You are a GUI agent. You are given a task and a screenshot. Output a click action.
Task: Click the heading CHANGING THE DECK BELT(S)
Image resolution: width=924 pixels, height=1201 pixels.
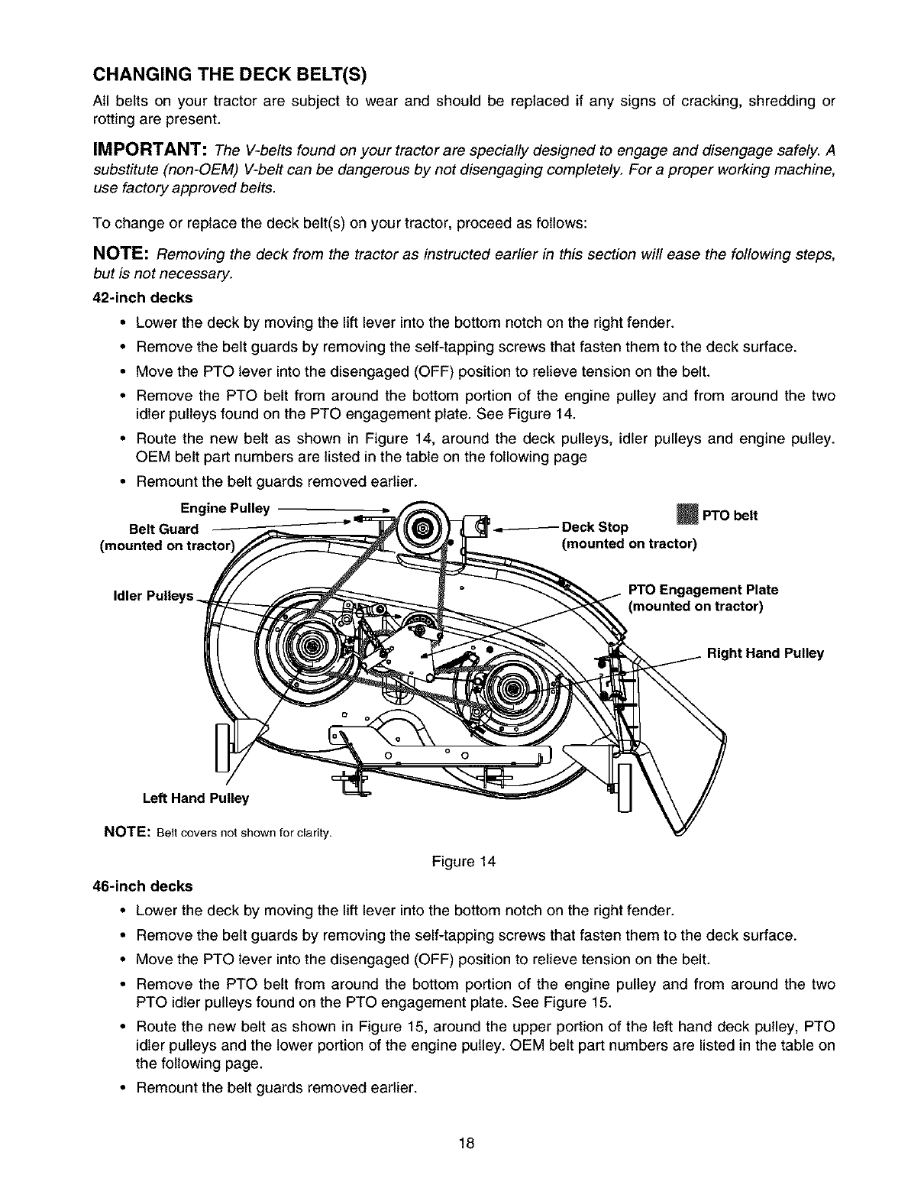(x=229, y=75)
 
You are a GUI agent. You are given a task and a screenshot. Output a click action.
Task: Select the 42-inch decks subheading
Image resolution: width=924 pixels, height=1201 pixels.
(x=142, y=297)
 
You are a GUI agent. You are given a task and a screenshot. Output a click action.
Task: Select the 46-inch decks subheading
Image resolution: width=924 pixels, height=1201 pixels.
(x=142, y=885)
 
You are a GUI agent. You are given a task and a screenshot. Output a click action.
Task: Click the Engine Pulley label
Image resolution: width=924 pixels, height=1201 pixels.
(x=225, y=508)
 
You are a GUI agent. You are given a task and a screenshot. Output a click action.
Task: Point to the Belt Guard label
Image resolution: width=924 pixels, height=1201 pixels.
(x=163, y=529)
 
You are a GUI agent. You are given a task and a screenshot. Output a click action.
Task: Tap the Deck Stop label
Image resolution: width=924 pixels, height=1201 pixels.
(x=595, y=527)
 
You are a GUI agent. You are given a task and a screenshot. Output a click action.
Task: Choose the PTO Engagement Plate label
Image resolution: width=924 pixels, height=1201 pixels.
(x=703, y=590)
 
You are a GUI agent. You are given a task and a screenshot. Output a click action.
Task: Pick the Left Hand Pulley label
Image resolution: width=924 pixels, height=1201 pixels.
(x=195, y=798)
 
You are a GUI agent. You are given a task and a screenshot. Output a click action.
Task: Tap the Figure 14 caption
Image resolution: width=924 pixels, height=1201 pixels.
(x=464, y=862)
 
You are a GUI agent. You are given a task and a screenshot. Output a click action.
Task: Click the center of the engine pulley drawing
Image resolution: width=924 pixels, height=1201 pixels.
(x=424, y=526)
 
